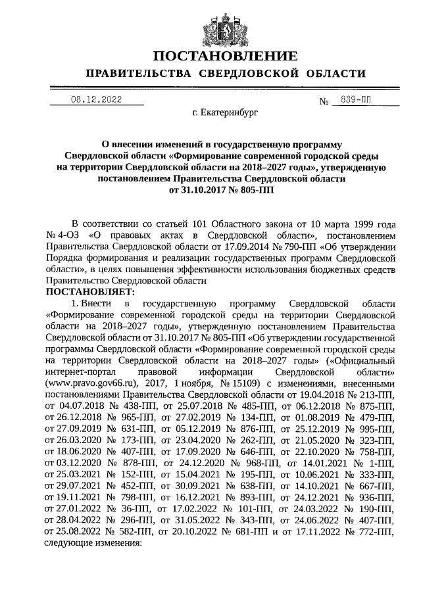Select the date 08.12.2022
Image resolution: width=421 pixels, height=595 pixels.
(97, 100)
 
